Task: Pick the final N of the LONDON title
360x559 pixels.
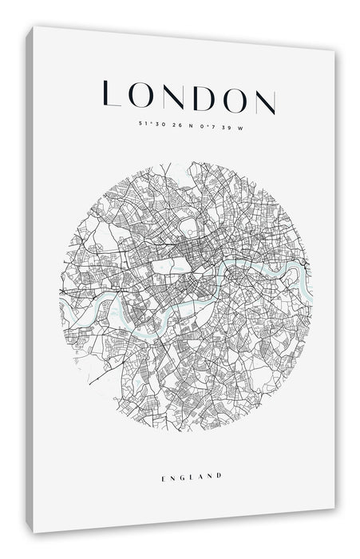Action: click(x=265, y=100)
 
